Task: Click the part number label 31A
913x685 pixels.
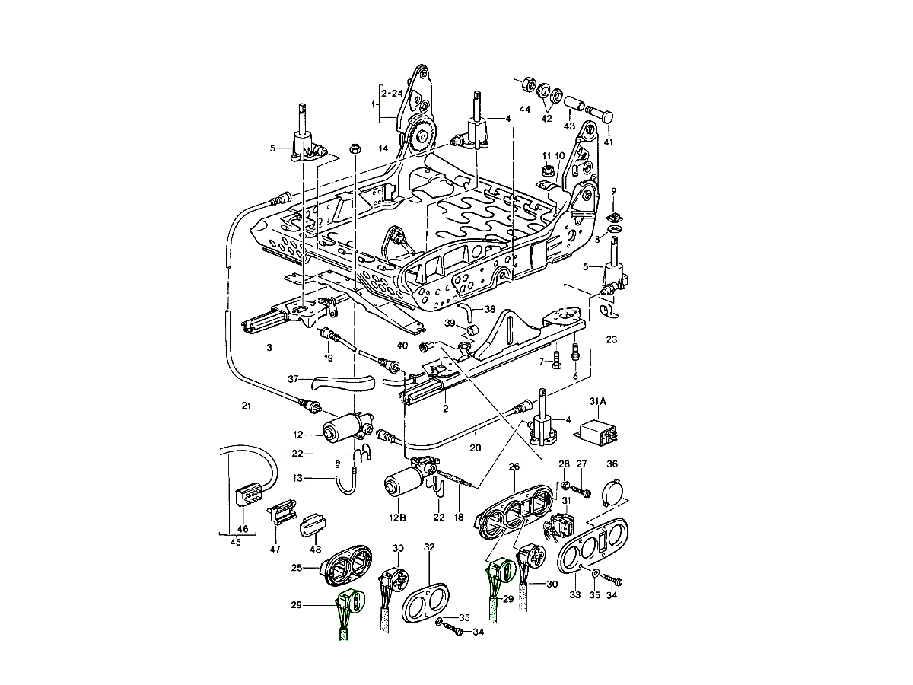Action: (x=597, y=403)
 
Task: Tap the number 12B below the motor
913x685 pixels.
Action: (x=398, y=518)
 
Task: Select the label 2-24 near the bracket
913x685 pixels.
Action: (x=392, y=93)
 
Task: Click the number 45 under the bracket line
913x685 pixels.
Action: (x=235, y=543)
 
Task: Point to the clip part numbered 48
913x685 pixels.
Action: (x=313, y=526)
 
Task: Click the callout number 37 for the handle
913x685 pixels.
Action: (x=294, y=379)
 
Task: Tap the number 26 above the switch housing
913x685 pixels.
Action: (x=514, y=467)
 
